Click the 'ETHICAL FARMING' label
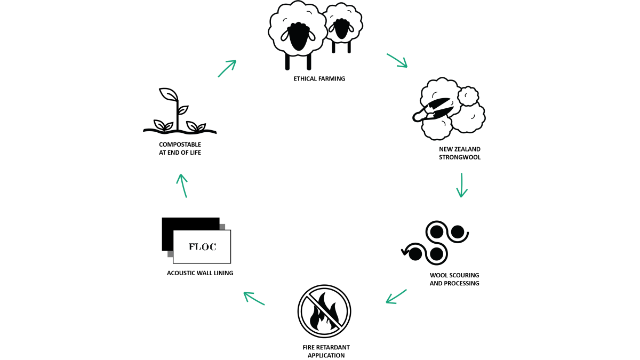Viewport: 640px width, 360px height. coord(319,78)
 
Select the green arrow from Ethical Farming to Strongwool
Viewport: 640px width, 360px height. coord(397,61)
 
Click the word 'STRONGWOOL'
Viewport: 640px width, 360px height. coord(460,157)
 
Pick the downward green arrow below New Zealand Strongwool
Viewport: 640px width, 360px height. coord(462,185)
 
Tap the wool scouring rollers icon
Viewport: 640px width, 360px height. coord(435,243)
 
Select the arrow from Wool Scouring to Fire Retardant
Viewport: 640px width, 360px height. coord(396,297)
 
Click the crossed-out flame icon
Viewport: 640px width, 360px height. coord(324,311)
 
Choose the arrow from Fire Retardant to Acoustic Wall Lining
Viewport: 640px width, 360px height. coord(254,299)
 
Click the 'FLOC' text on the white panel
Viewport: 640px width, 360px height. coord(202,246)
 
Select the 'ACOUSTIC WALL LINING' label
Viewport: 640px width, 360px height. coord(200,273)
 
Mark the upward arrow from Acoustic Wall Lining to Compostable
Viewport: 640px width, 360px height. coord(182,186)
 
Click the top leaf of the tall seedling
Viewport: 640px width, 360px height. coord(168,94)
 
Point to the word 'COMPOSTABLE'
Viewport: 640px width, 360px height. coord(180,145)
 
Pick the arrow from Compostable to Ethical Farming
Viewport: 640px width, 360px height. coord(227,69)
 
